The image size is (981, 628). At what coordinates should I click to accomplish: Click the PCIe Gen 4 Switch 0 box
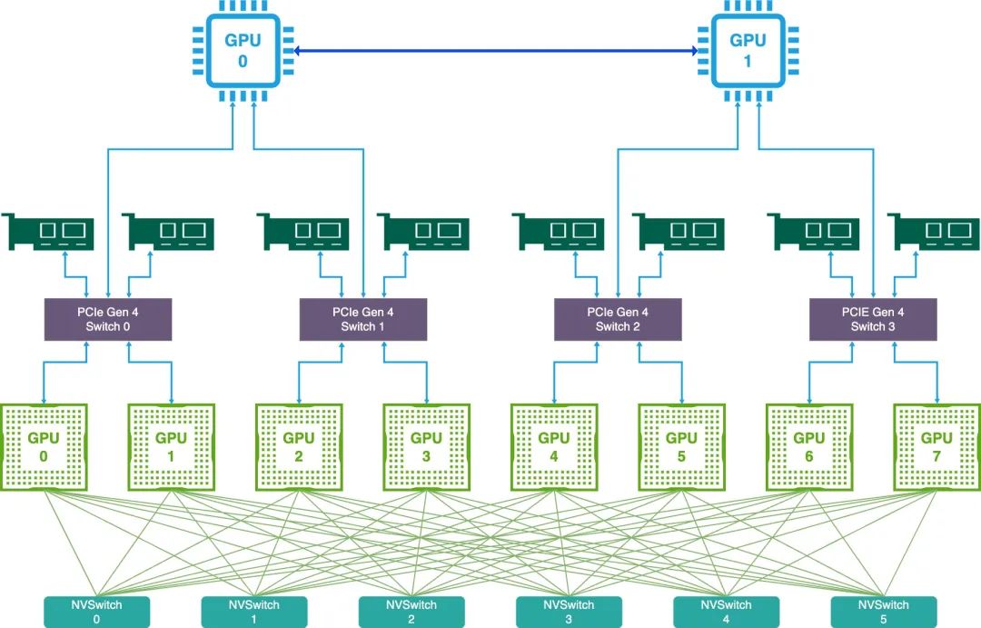click(x=108, y=319)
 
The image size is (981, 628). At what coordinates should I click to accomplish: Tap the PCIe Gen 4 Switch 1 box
click(x=362, y=319)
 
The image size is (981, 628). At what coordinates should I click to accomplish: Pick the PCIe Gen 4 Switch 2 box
click(x=618, y=319)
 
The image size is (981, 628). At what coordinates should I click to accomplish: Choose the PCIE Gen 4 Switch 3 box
click(x=873, y=319)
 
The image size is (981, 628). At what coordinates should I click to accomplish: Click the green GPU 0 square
click(x=44, y=445)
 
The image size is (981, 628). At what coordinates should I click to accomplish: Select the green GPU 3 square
click(x=426, y=445)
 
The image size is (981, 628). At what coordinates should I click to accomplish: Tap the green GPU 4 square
click(x=554, y=445)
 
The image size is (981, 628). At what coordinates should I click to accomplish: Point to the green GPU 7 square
click(x=936, y=445)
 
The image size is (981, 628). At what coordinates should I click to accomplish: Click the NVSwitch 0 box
click(x=97, y=612)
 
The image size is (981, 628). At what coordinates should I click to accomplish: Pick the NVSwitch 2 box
click(x=411, y=612)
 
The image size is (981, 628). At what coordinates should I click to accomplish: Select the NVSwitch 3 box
click(x=569, y=612)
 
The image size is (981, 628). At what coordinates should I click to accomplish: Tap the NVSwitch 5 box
click(x=883, y=612)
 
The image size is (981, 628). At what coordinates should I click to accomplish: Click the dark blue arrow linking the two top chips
click(x=495, y=52)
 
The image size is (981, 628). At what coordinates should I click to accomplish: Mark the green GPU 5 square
click(x=681, y=445)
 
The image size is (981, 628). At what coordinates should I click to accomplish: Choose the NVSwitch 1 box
click(x=254, y=612)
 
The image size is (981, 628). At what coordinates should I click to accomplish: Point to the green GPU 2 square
click(x=299, y=445)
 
